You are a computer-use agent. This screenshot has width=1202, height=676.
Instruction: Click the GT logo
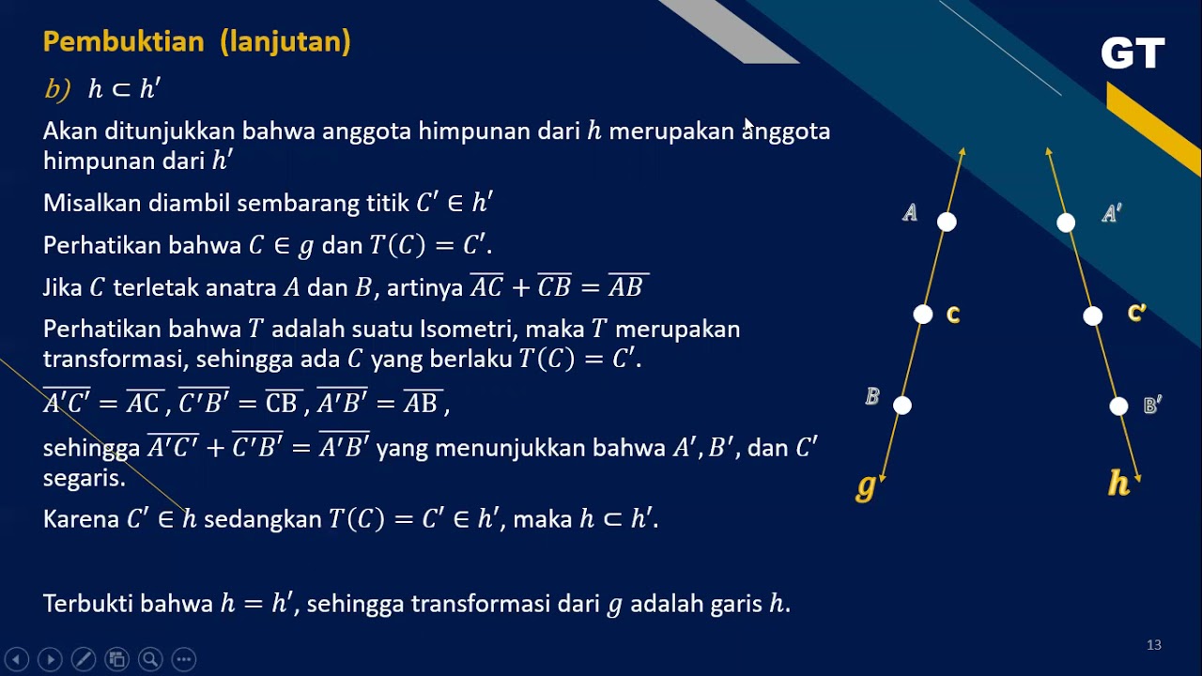click(x=1133, y=54)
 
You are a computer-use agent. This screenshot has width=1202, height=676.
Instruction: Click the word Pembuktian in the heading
click(x=123, y=42)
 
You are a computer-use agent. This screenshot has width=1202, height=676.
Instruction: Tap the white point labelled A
click(x=947, y=222)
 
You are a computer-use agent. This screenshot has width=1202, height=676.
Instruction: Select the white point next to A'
click(x=1066, y=223)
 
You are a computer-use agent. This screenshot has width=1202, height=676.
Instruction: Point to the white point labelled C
click(x=923, y=315)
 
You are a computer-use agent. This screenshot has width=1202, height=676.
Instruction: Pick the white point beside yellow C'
click(x=1092, y=316)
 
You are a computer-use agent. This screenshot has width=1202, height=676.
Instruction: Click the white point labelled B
click(x=902, y=406)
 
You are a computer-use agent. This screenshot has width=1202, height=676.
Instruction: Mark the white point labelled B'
click(x=1118, y=407)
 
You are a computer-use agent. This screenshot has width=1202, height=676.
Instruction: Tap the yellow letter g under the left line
click(x=866, y=486)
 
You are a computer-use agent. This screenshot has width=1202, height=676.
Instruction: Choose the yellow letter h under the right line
click(x=1118, y=483)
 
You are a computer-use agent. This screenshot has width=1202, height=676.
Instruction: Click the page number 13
click(x=1154, y=645)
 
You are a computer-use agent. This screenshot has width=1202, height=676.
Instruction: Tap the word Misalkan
click(x=88, y=204)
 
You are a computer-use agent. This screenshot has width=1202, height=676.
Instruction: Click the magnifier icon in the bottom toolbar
click(x=150, y=659)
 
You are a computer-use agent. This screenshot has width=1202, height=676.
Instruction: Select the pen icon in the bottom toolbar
click(x=83, y=659)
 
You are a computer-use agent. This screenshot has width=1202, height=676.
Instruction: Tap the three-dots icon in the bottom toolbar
click(x=184, y=659)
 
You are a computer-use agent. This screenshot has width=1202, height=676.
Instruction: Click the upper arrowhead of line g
click(x=962, y=151)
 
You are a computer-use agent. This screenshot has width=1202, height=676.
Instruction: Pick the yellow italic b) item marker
click(x=57, y=89)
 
